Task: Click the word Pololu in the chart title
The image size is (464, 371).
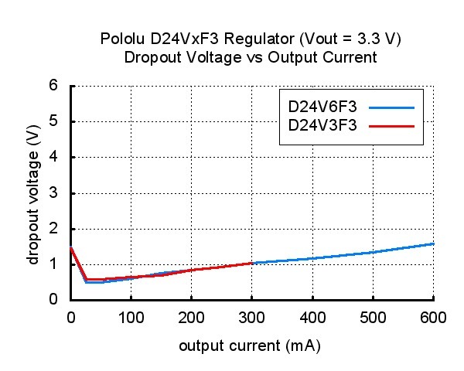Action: coord(120,39)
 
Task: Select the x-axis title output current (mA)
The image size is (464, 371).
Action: coord(250,346)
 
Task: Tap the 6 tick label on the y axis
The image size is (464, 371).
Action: coord(54,86)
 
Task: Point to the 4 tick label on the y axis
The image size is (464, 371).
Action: coord(54,157)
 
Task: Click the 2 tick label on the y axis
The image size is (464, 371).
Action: coord(54,229)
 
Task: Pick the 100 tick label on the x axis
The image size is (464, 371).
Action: coord(131,316)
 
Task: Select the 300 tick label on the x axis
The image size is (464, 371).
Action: coord(251,316)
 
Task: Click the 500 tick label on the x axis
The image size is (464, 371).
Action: coord(373,316)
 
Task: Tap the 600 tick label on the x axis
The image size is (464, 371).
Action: coord(432,316)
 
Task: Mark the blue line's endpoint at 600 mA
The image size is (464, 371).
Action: coord(433,243)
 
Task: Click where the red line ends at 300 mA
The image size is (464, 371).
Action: coord(252,263)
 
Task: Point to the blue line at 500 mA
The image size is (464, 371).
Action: coord(373,252)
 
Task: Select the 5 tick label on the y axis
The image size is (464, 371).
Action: coord(54,121)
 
